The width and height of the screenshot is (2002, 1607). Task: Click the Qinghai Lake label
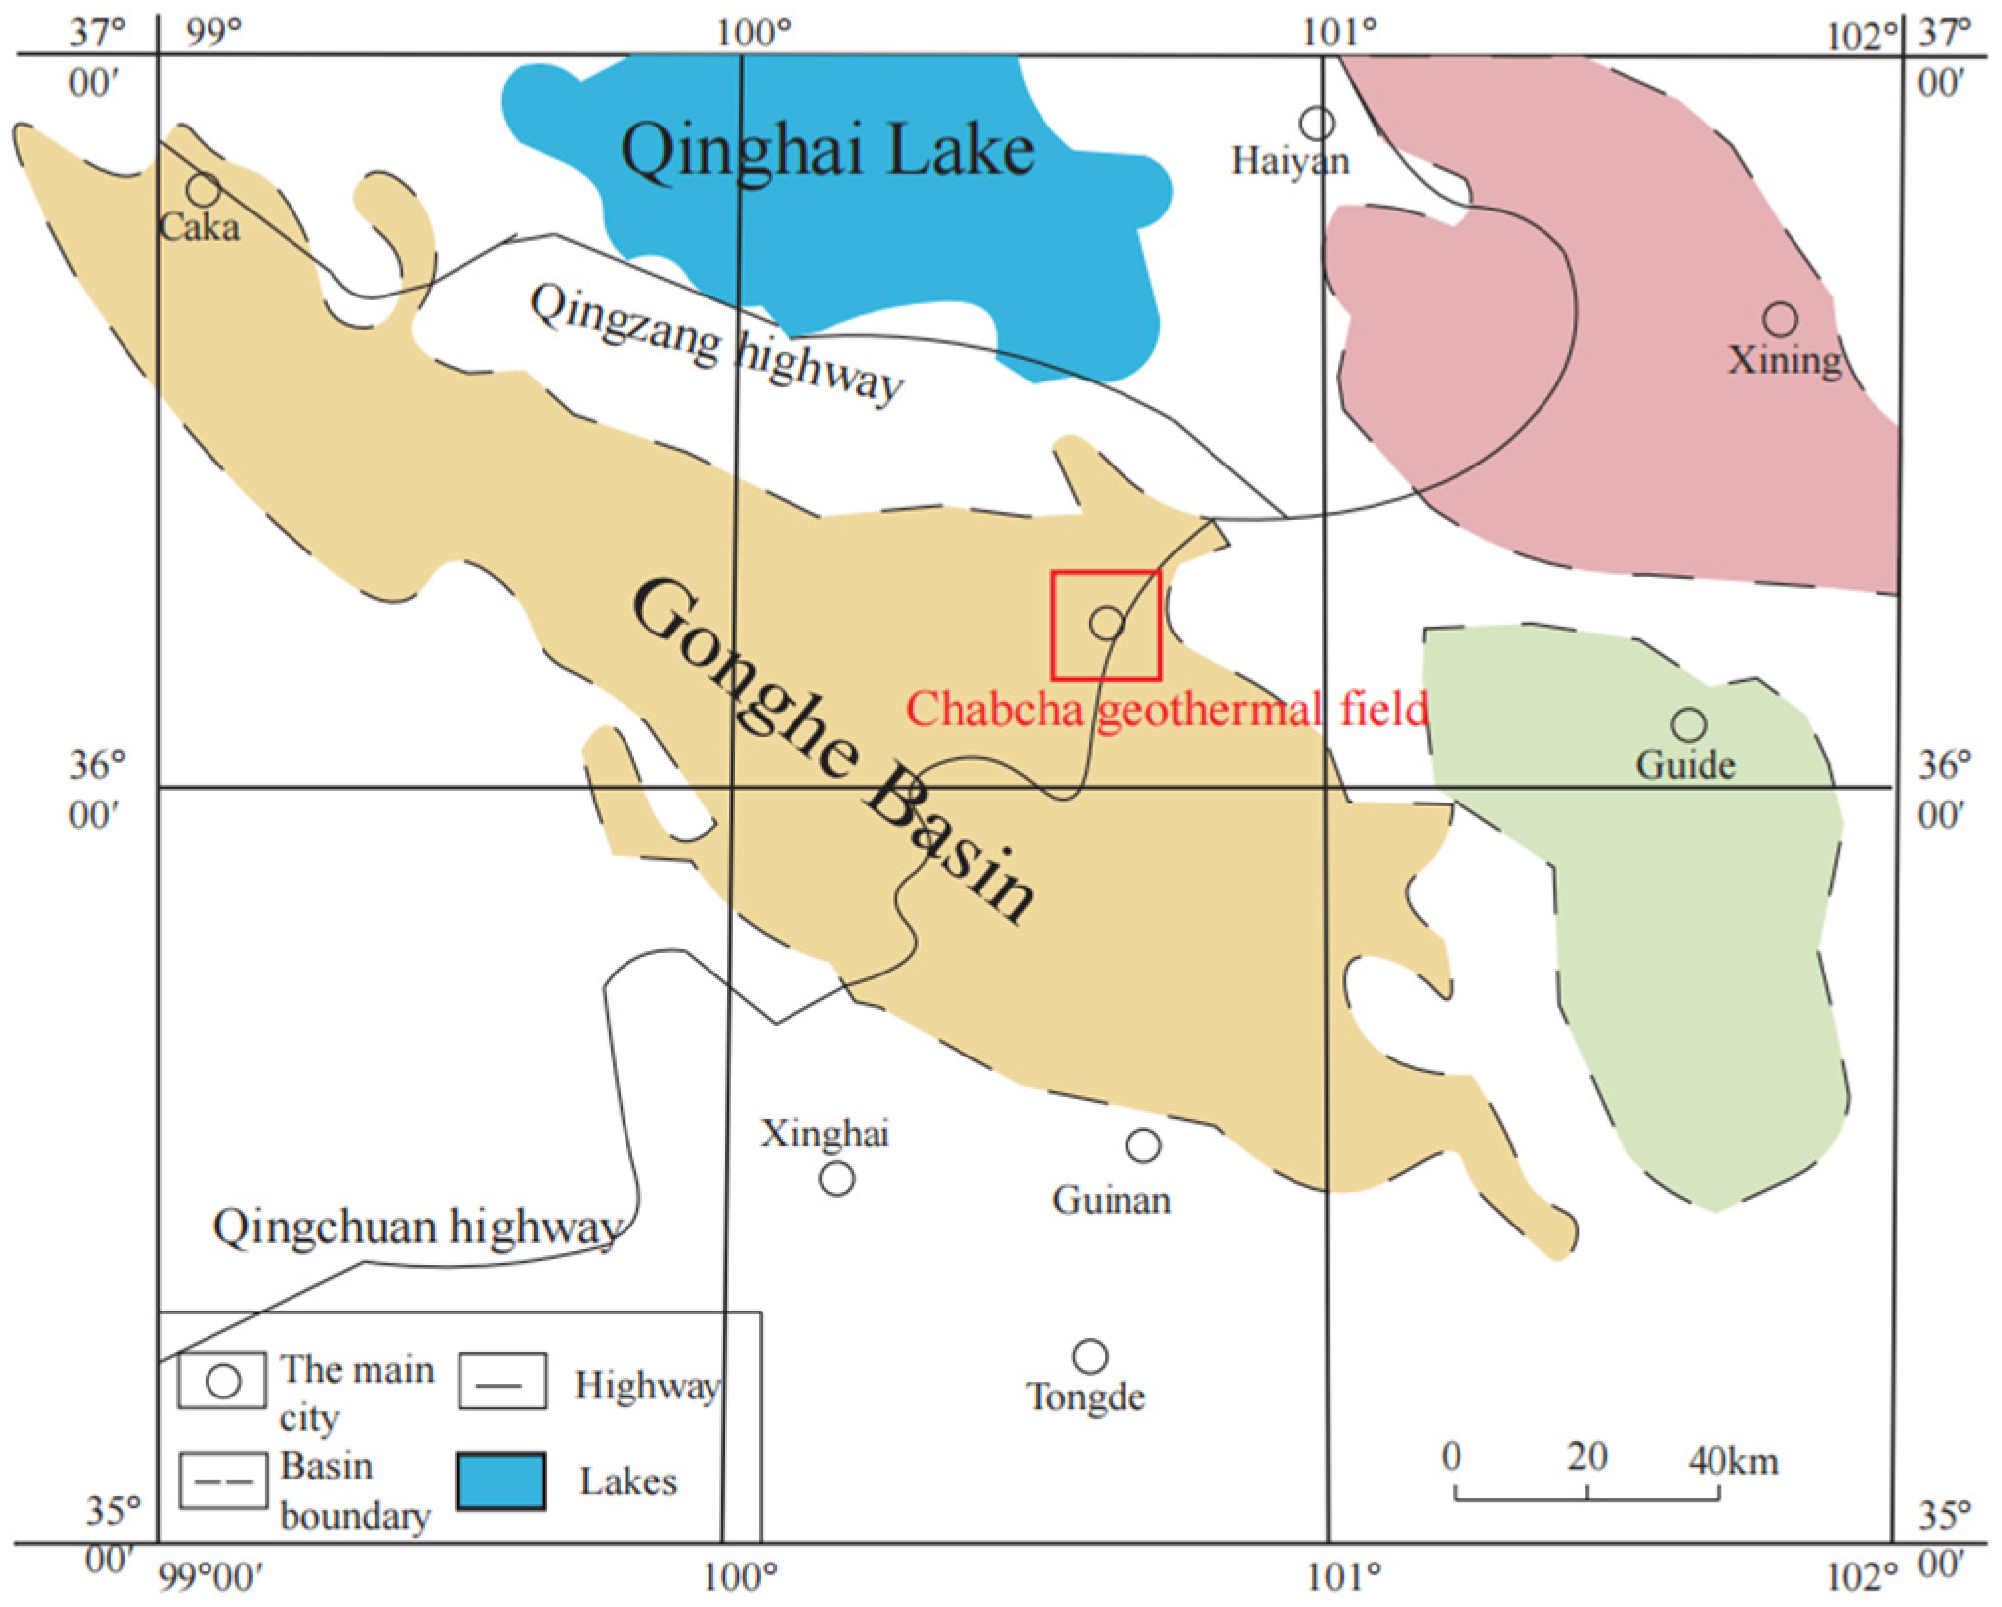click(x=827, y=151)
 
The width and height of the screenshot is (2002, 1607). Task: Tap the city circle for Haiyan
click(x=1317, y=124)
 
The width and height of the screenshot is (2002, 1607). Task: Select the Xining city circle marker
click(x=1780, y=319)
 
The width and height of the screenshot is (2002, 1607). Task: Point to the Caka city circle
click(x=203, y=188)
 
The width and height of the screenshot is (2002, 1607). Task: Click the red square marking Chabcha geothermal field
click(x=1106, y=625)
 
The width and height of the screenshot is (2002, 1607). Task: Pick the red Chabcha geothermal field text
click(x=1167, y=709)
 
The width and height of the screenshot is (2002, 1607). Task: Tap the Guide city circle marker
click(x=1689, y=724)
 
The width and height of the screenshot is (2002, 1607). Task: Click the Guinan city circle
click(x=1143, y=1145)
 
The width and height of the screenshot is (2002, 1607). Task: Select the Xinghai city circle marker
click(x=837, y=1178)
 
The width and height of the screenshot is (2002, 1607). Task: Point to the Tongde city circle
click(x=1090, y=1356)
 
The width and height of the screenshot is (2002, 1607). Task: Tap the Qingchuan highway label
click(x=417, y=1227)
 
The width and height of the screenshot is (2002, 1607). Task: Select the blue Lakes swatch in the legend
click(x=501, y=1480)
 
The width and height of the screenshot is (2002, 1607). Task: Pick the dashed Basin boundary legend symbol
click(x=222, y=1480)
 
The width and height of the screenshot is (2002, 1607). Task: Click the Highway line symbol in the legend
click(x=502, y=1382)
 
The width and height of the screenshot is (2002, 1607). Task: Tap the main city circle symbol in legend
click(x=223, y=1381)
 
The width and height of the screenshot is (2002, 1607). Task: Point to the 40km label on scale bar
click(x=1733, y=1459)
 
